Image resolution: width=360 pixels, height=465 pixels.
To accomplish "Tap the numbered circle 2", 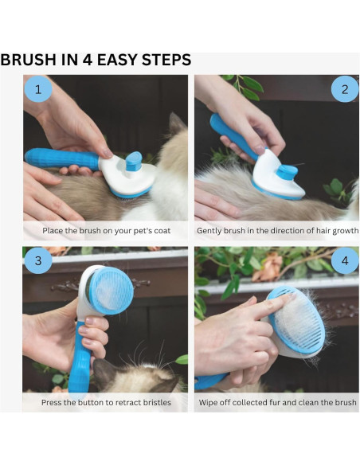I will click(x=344, y=89).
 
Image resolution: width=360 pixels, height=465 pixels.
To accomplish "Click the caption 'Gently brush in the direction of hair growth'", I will click(x=276, y=232).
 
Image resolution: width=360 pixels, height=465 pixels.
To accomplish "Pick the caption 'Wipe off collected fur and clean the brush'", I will click(x=276, y=402).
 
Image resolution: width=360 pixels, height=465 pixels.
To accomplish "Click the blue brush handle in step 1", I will click(x=60, y=159).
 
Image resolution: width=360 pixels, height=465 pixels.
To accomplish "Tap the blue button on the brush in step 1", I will click(x=134, y=160).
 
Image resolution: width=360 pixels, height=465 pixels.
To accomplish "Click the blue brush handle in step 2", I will click(x=231, y=134).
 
